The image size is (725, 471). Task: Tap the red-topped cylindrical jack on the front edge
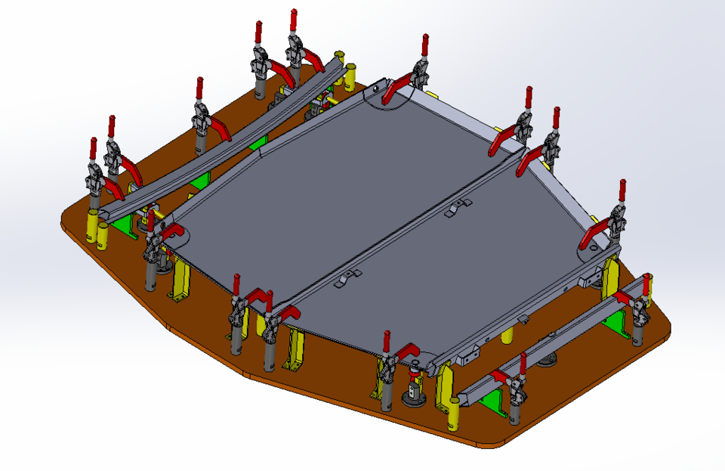[414, 386]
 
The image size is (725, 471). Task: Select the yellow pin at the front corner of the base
[455, 412]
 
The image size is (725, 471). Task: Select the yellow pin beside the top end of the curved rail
[340, 60]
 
